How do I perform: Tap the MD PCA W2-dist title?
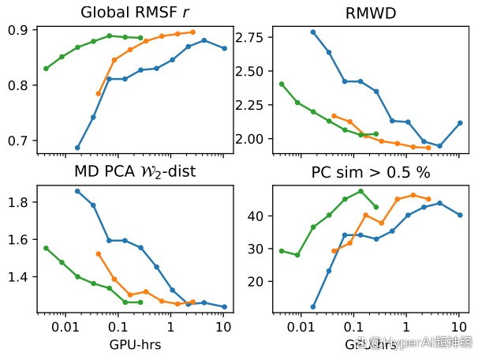tap(136, 171)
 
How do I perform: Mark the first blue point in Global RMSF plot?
tap(77, 148)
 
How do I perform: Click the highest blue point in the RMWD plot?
tap(313, 32)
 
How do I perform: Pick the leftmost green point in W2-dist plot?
tap(46, 248)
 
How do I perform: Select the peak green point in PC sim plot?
tap(361, 191)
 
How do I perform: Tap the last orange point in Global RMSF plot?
tap(193, 32)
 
